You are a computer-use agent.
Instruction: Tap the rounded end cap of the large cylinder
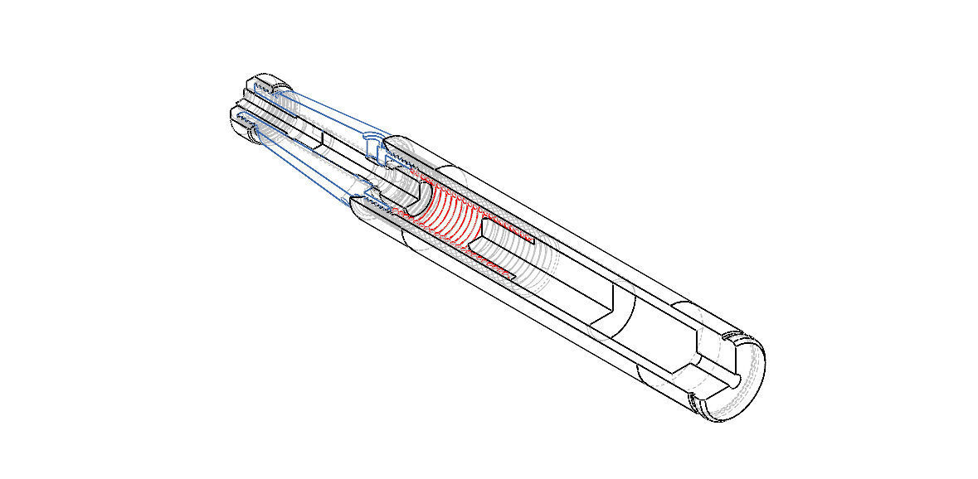point(742,381)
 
